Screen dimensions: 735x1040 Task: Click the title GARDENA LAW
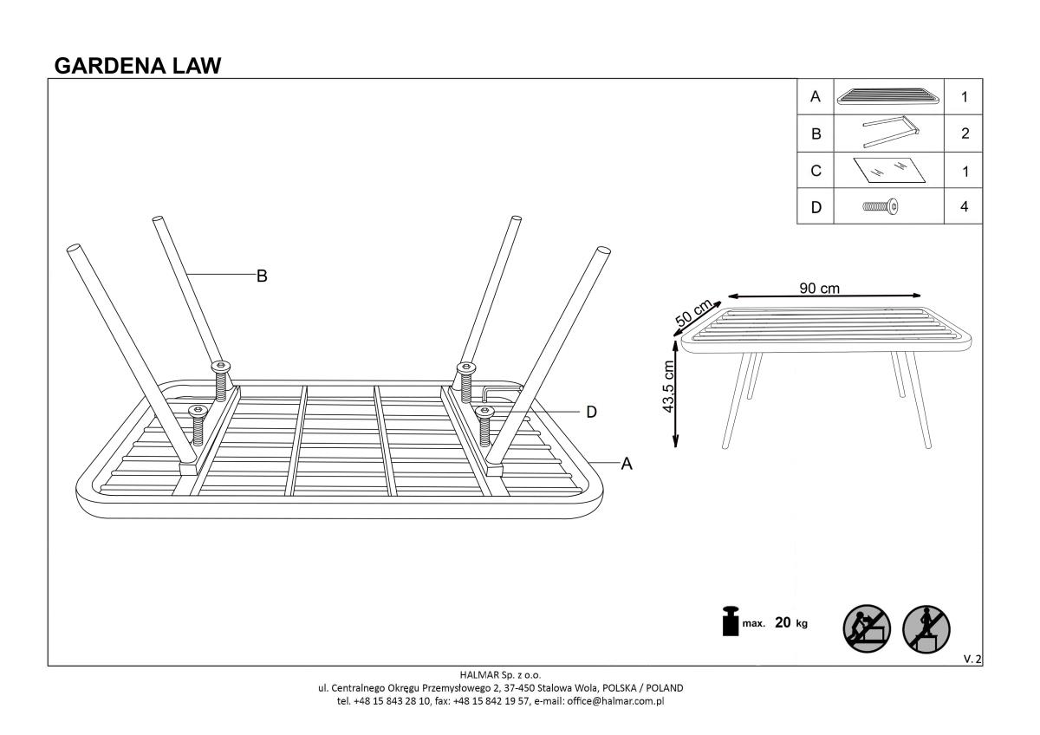pos(138,65)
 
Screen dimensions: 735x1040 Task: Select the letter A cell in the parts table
pos(815,97)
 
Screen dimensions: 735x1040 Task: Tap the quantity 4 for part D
pos(964,207)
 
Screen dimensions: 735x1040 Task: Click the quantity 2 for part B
pos(964,134)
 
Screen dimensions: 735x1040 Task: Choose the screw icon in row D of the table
pos(881,207)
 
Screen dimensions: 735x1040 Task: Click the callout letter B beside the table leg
pos(261,276)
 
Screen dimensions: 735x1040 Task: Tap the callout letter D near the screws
pos(591,412)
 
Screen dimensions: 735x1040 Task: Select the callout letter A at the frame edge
pos(627,465)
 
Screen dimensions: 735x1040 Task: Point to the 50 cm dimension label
pos(693,313)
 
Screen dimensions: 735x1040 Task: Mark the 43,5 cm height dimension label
pos(669,387)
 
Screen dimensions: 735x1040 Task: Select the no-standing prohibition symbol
pos(926,626)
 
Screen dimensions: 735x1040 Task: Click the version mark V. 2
pos(972,660)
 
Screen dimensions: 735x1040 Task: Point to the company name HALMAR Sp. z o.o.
pos(501,673)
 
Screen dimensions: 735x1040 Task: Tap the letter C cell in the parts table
pos(815,171)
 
